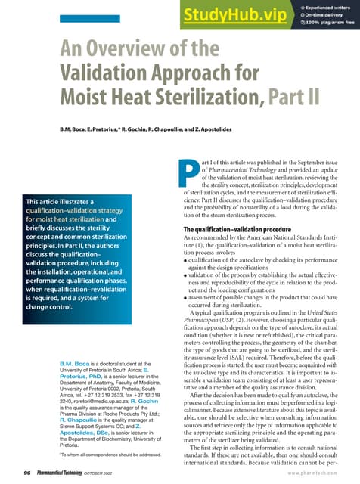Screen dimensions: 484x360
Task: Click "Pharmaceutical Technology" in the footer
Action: pos(64,472)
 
